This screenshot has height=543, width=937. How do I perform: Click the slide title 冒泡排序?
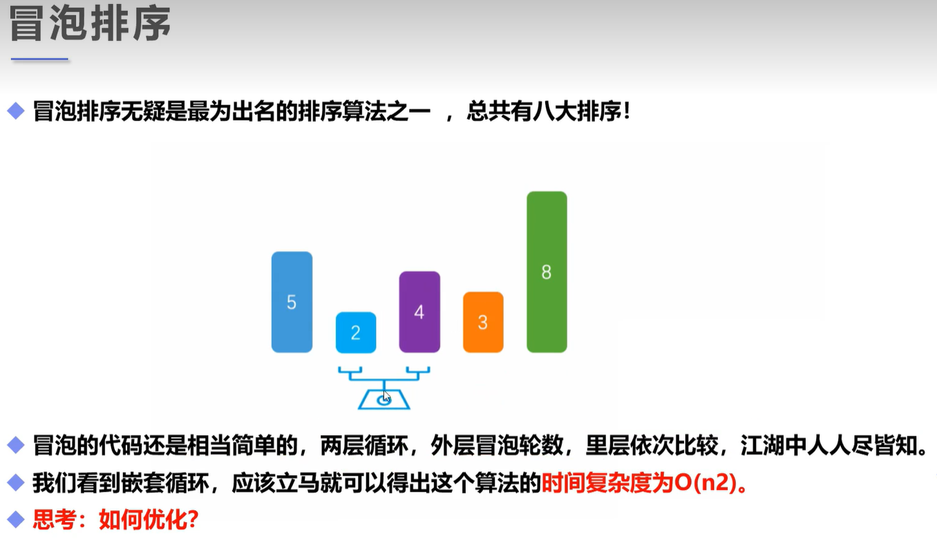tap(90, 24)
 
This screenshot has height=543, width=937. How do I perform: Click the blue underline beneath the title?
tap(40, 59)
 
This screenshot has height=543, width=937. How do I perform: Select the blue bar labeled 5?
tap(292, 302)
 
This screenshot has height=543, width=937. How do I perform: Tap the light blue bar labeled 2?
tap(356, 333)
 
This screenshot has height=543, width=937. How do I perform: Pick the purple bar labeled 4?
tap(419, 312)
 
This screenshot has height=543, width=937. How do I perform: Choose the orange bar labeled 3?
tap(483, 322)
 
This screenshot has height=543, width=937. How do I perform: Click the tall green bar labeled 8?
tap(547, 272)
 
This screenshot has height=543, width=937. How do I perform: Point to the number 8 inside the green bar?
tap(547, 272)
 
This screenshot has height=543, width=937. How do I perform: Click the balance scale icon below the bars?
tap(384, 387)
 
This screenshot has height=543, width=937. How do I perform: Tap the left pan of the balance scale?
tap(350, 371)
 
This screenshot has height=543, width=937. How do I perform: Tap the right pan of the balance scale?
tap(418, 371)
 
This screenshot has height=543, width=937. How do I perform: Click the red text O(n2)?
tap(706, 483)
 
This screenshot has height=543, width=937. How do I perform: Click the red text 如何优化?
tap(149, 519)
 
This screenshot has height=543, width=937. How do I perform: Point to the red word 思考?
tap(55, 519)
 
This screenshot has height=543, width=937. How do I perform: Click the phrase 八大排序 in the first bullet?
tap(578, 111)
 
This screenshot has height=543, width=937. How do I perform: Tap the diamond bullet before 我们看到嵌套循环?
tap(16, 483)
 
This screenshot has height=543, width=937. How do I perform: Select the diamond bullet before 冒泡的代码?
tap(16, 445)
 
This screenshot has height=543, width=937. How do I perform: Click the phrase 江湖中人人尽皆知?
tap(829, 445)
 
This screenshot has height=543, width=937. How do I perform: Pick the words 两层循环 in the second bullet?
tap(364, 445)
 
